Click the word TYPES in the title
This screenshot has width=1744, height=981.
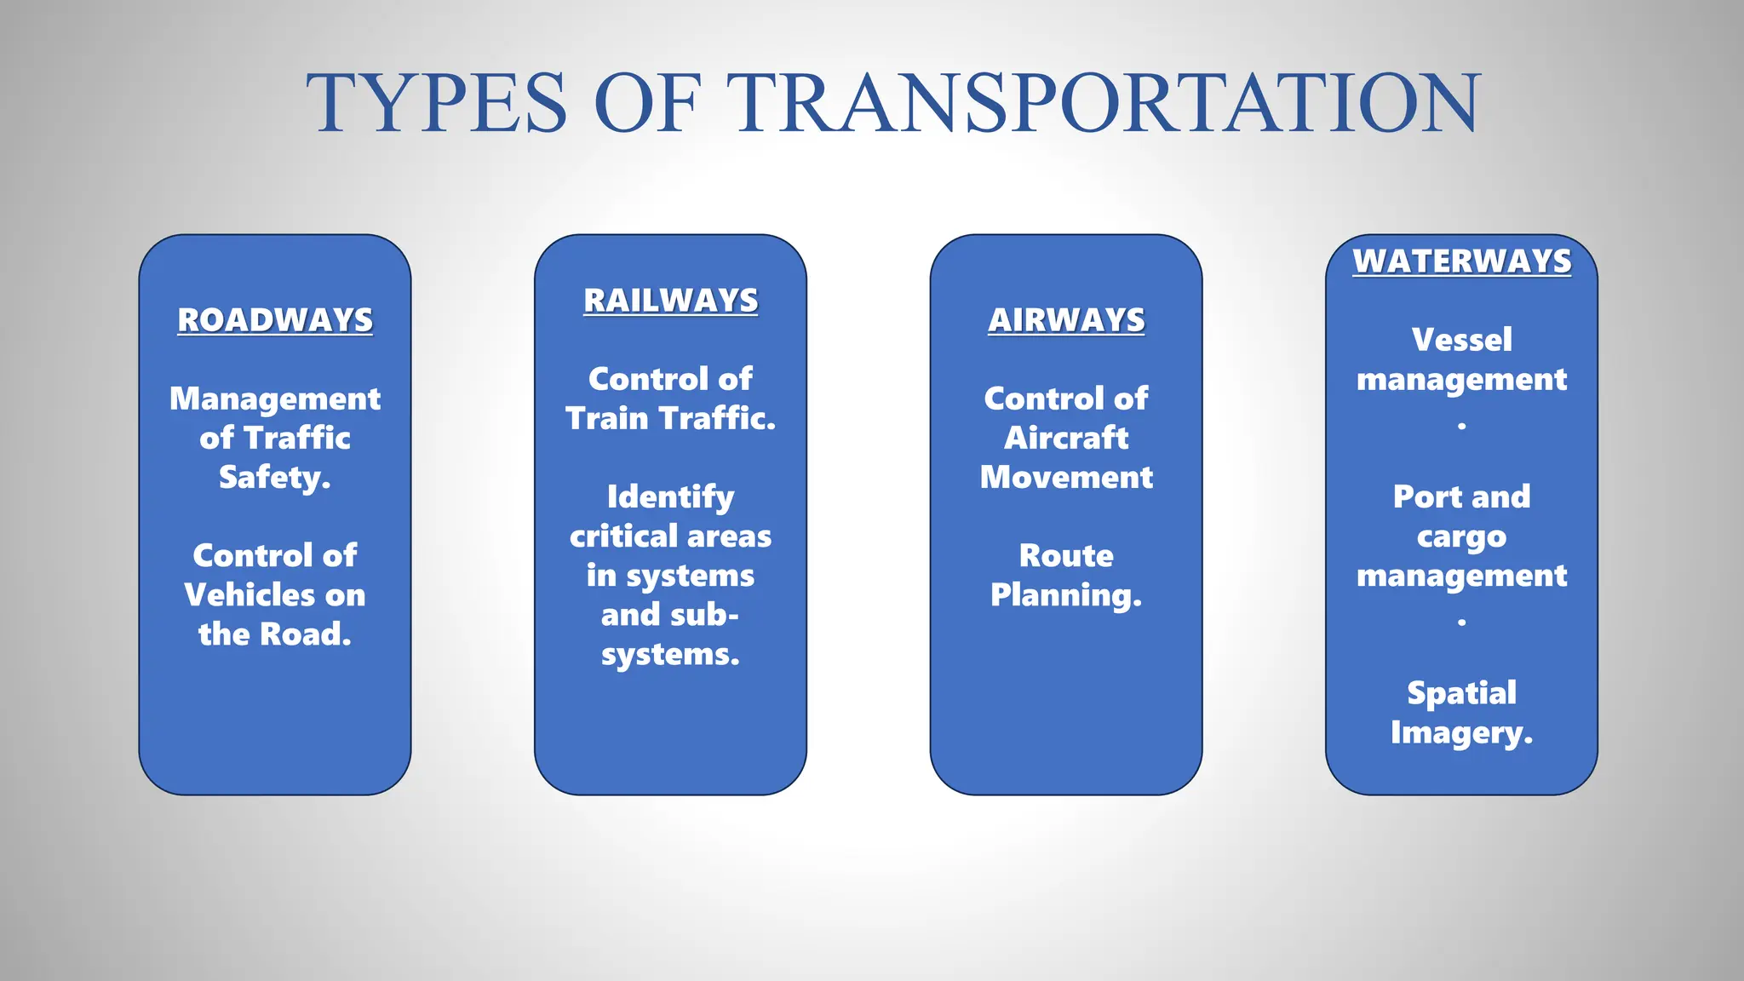(x=437, y=104)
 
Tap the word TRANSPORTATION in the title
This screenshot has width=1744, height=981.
(x=1106, y=104)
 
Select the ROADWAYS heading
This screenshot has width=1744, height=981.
(x=275, y=320)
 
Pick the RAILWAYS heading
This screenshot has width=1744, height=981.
(x=670, y=301)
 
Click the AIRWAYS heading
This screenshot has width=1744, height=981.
(x=1066, y=320)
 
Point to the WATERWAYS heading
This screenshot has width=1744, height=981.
(x=1461, y=261)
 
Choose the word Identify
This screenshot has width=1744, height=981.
(x=670, y=497)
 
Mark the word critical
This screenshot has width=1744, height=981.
(x=623, y=536)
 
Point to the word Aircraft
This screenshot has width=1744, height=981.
(x=1066, y=438)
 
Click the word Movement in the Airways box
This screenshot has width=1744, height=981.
(x=1066, y=477)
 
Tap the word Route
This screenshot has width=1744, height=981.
(x=1066, y=556)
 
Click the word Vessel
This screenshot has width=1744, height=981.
(x=1461, y=340)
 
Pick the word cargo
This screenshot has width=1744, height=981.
(x=1461, y=537)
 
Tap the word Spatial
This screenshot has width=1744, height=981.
(x=1461, y=694)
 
